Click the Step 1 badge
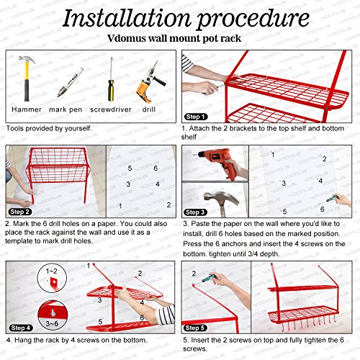click(x=196, y=117)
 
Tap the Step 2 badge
click(x=20, y=212)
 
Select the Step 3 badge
click(x=196, y=212)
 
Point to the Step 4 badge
click(x=21, y=328)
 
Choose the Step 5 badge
click(x=195, y=328)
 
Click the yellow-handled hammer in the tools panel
click(x=27, y=78)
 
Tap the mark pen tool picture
click(x=70, y=82)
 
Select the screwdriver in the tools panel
click(x=111, y=79)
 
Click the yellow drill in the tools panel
click(x=150, y=82)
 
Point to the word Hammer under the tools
click(x=27, y=109)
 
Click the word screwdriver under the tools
click(x=111, y=109)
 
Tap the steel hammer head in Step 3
click(x=221, y=198)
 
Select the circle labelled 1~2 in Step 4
click(x=52, y=278)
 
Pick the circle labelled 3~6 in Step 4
click(x=53, y=315)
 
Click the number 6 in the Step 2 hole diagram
click(x=156, y=168)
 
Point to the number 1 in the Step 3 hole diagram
click(x=273, y=154)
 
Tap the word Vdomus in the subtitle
click(x=126, y=38)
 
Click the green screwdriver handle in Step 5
click(x=208, y=279)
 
